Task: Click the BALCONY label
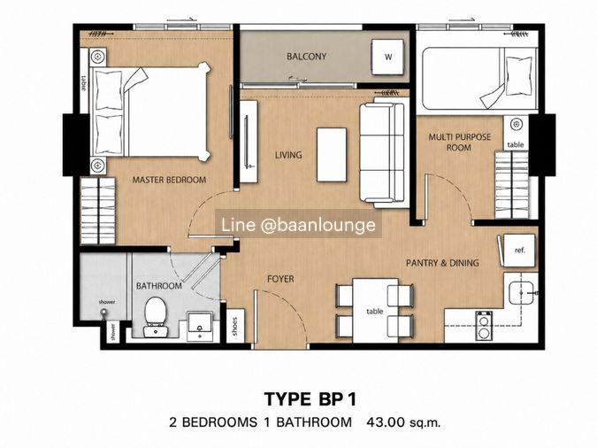pos(307,57)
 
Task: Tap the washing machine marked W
pos(387,58)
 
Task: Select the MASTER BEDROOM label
pos(170,180)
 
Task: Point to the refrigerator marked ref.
pos(519,250)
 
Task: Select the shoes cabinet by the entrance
pos(235,326)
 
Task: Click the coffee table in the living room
pos(332,155)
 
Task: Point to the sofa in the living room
pos(382,152)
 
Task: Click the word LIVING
pos(288,155)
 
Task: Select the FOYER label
pos(280,279)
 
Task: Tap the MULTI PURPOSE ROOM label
pos(460,142)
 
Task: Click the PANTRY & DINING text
pos(442,263)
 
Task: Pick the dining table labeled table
pos(375,311)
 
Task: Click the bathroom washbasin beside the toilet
pos(200,326)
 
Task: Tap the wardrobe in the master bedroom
pos(98,211)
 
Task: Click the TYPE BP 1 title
pos(310,399)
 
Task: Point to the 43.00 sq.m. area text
pos(403,422)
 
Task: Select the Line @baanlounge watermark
pos(299,225)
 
